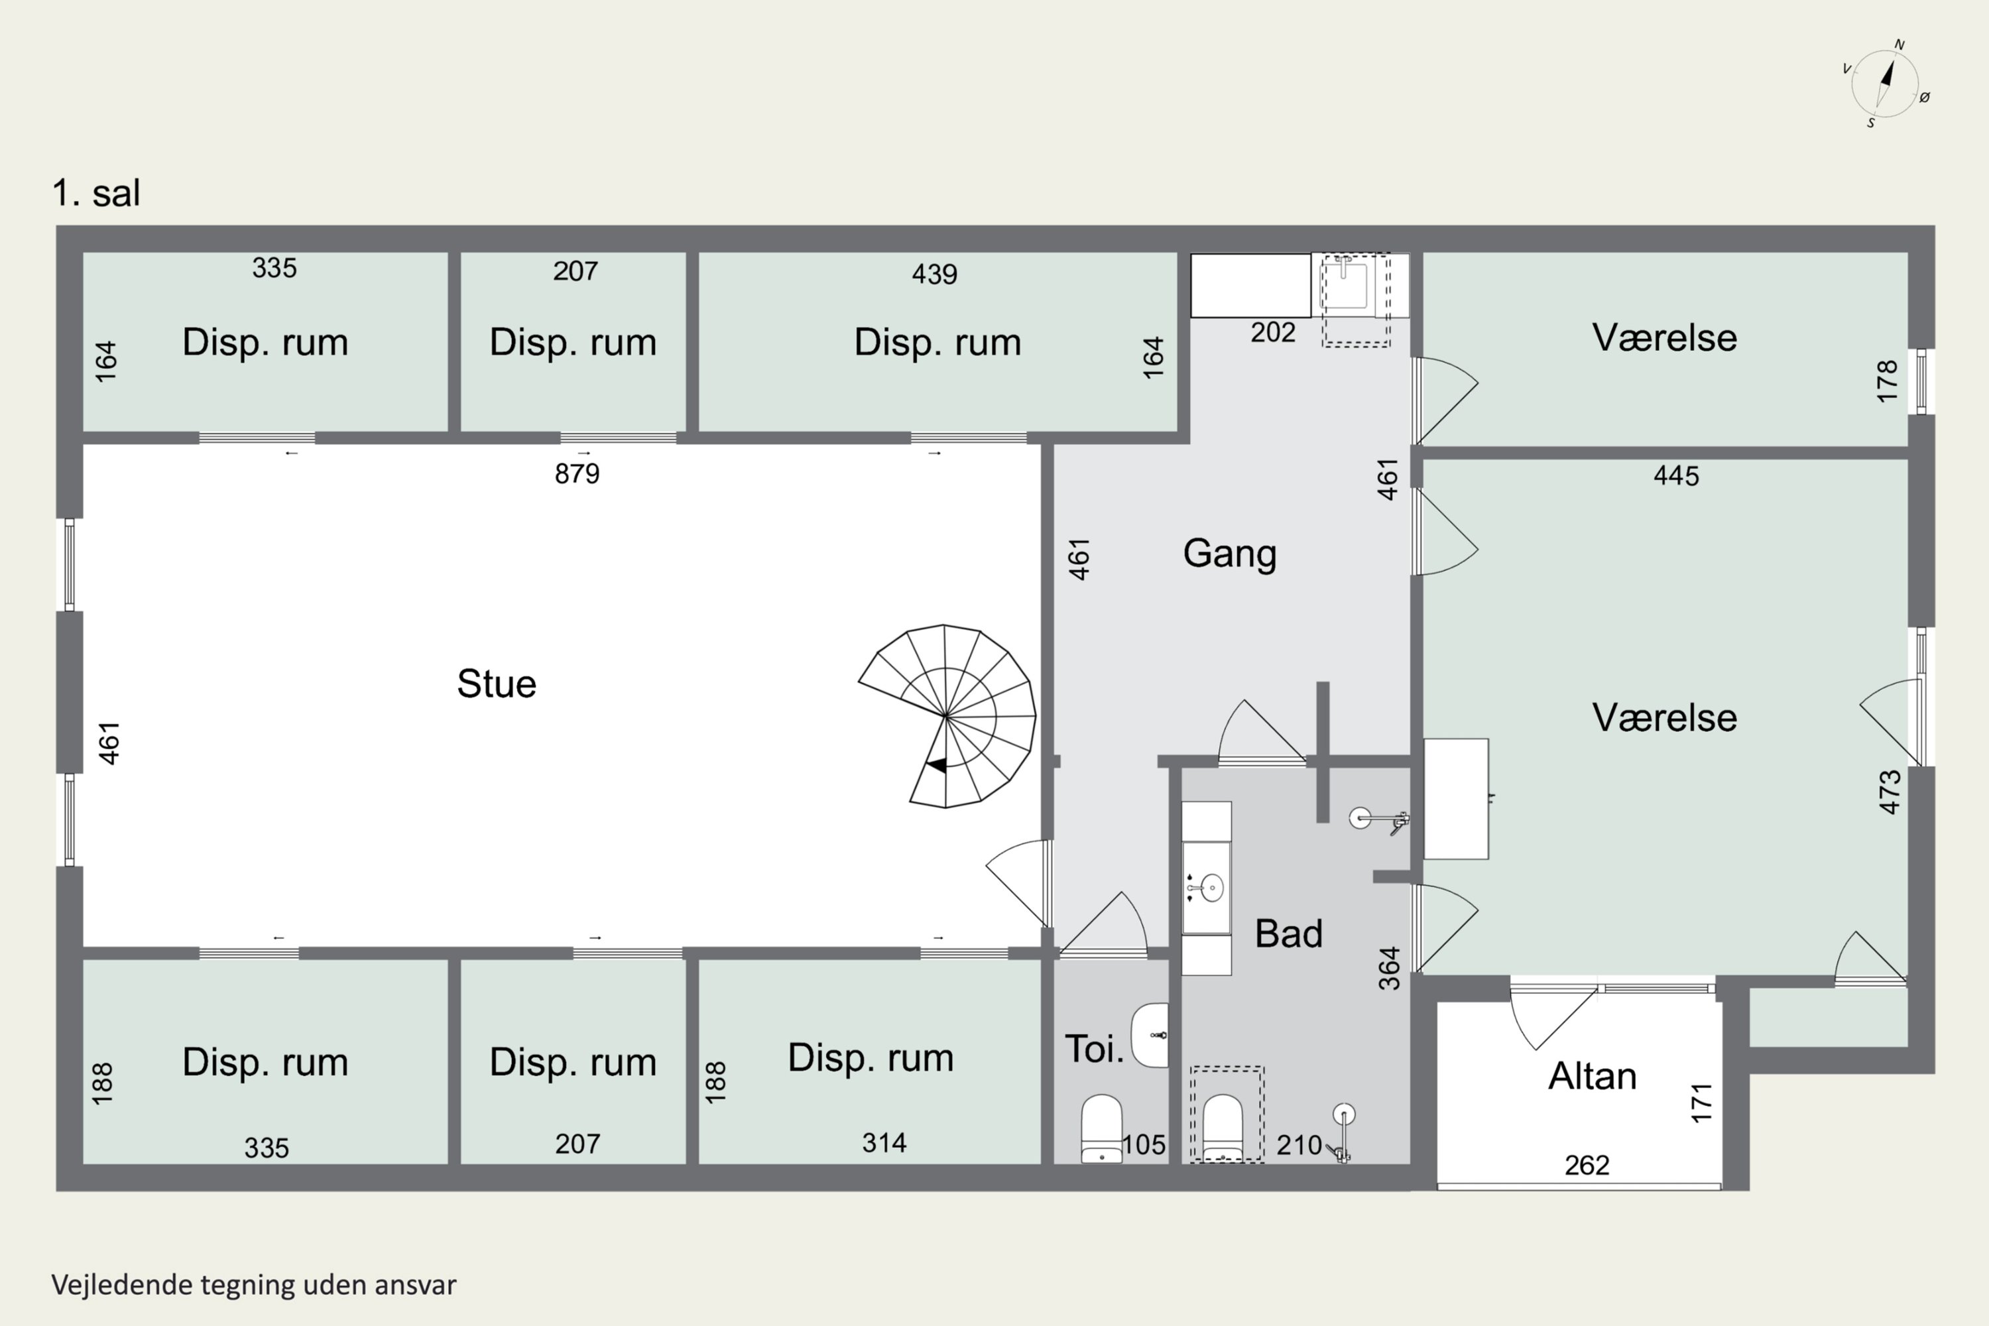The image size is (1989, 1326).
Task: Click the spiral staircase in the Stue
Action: tap(947, 715)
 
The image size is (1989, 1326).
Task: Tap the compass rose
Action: tap(1885, 84)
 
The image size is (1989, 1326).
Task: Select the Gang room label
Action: tap(1230, 554)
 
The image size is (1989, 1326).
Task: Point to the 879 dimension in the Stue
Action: tap(577, 473)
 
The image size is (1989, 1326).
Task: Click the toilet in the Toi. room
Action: tap(1101, 1129)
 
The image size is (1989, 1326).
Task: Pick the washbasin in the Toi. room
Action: tap(1150, 1035)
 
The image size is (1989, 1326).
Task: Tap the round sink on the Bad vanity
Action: tap(1212, 888)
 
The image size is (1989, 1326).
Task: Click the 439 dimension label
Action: tap(934, 274)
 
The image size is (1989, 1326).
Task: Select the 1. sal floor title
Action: tap(96, 193)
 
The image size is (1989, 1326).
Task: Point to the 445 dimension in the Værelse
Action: tap(1676, 476)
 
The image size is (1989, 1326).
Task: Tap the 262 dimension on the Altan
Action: tap(1587, 1166)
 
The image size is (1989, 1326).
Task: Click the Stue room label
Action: tap(497, 684)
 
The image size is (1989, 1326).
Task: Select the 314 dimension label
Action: tap(884, 1143)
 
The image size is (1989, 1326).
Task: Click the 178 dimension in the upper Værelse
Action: tap(1887, 381)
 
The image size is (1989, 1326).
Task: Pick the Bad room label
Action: tap(1288, 934)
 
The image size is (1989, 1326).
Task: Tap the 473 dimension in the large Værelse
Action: tap(1889, 792)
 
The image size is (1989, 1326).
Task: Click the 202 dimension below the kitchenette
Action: tap(1273, 332)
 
